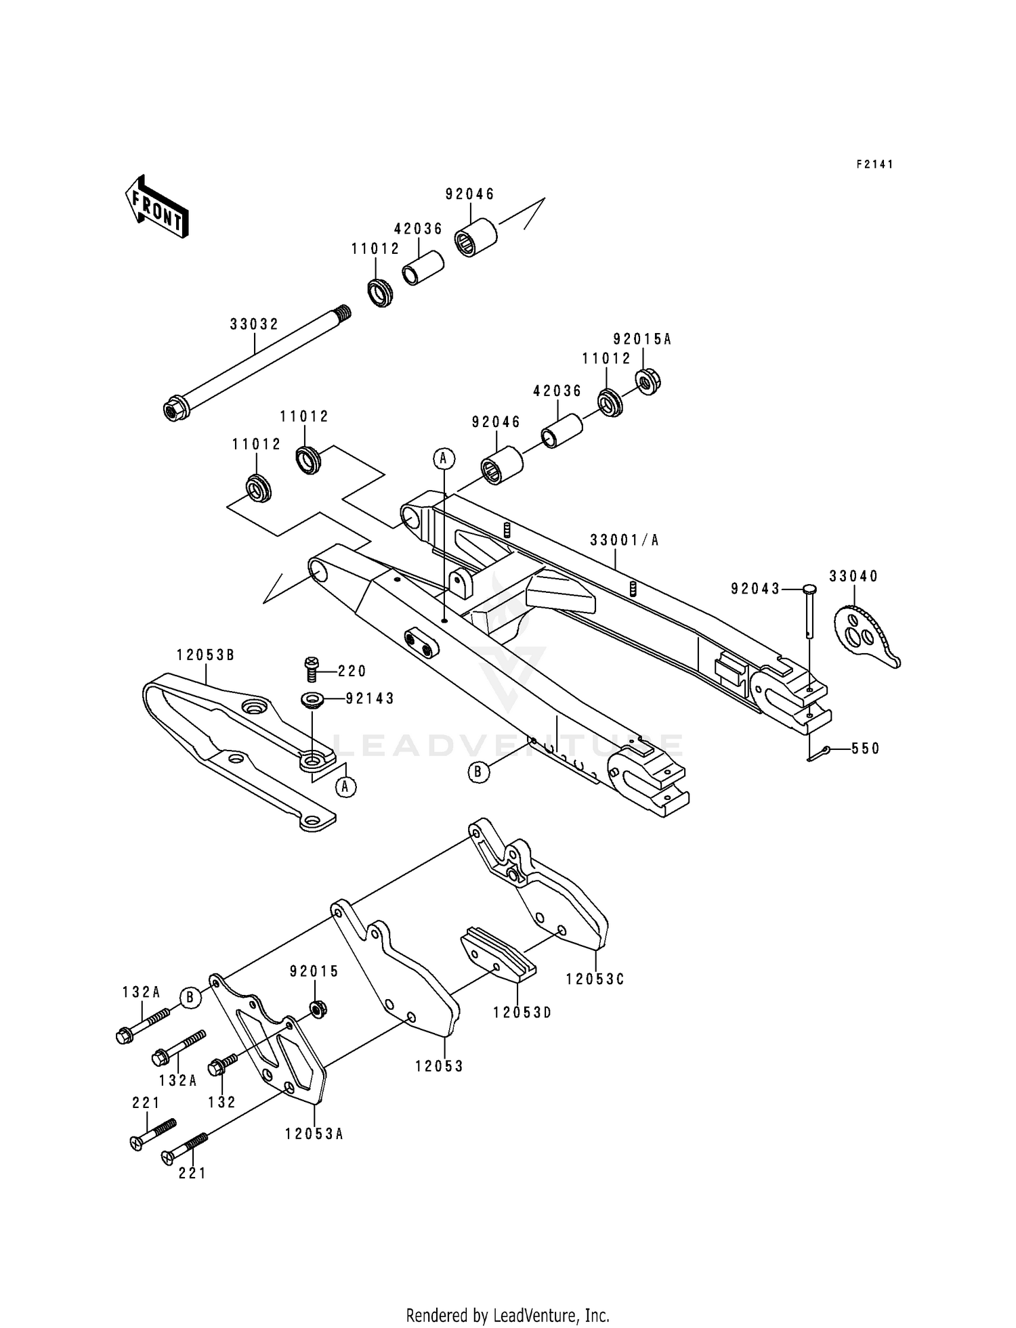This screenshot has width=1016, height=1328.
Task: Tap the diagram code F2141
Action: pos(874,164)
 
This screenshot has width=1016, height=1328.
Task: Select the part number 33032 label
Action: pos(254,325)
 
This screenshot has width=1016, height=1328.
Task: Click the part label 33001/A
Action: pos(624,540)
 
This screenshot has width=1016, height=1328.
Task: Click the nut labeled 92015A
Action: pos(648,382)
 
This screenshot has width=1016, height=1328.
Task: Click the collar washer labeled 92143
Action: pos(312,699)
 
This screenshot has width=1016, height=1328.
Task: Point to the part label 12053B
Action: pos(205,655)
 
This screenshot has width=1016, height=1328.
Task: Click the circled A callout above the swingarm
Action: pos(444,459)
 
